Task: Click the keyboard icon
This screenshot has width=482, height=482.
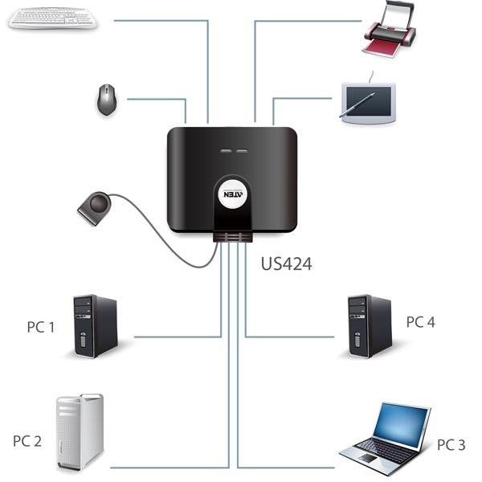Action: coord(53,18)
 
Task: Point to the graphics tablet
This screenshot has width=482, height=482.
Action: coord(368,102)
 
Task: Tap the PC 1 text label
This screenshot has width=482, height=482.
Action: coord(41,327)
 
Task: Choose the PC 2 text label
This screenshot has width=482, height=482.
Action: coord(27,441)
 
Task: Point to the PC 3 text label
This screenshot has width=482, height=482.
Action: coord(451,444)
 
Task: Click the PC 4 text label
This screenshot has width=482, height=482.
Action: coord(420,322)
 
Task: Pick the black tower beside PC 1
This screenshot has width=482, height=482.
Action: coord(95,325)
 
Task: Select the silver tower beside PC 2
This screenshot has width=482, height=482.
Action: coord(80,431)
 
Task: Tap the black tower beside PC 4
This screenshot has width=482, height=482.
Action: coord(369,325)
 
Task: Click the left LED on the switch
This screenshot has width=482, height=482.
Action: coord(223,151)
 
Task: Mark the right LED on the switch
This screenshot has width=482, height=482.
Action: coord(242,151)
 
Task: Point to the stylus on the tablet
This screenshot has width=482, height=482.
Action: coord(358,105)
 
